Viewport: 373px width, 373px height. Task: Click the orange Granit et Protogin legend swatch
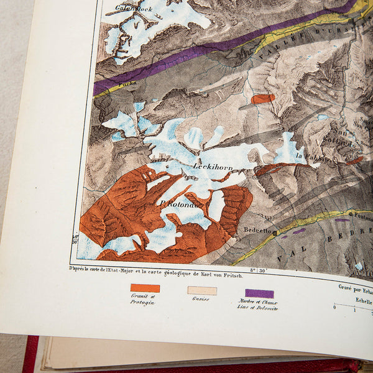click(x=145, y=288)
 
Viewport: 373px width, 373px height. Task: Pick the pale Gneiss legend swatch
click(x=202, y=290)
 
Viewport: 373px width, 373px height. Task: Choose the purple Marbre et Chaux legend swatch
click(x=259, y=293)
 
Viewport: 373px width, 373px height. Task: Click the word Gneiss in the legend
click(x=200, y=299)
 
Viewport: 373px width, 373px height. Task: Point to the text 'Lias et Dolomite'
click(x=258, y=308)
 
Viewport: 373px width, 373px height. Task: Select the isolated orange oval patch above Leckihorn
click(x=263, y=98)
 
